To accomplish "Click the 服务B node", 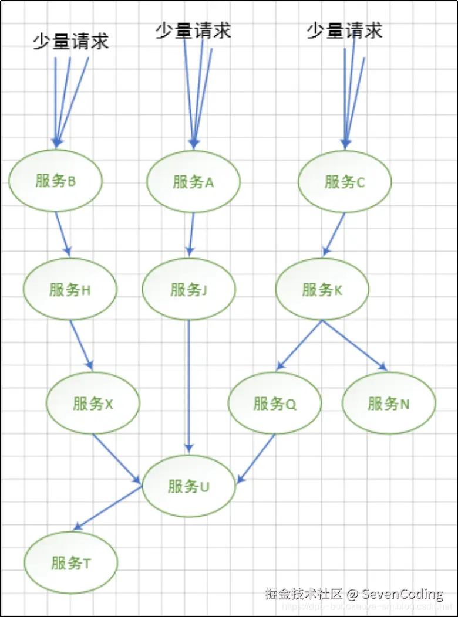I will [56, 181].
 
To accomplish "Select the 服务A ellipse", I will [193, 181].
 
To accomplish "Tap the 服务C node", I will [345, 181].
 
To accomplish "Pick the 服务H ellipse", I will [70, 289].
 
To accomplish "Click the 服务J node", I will [188, 289].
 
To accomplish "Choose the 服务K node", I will [322, 289].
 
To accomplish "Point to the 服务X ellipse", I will [93, 404].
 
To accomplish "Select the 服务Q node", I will [275, 404].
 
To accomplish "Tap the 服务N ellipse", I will [389, 404].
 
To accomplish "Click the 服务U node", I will [188, 486].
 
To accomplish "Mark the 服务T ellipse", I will [71, 563].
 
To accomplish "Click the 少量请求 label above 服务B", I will [70, 41].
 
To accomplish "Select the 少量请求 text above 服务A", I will [193, 30].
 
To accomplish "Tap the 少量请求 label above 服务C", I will [345, 30].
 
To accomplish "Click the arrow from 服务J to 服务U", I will [188, 387].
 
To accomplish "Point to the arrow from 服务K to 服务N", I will [355, 345].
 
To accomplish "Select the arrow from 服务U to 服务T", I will [107, 508].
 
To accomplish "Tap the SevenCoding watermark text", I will [402, 594].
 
